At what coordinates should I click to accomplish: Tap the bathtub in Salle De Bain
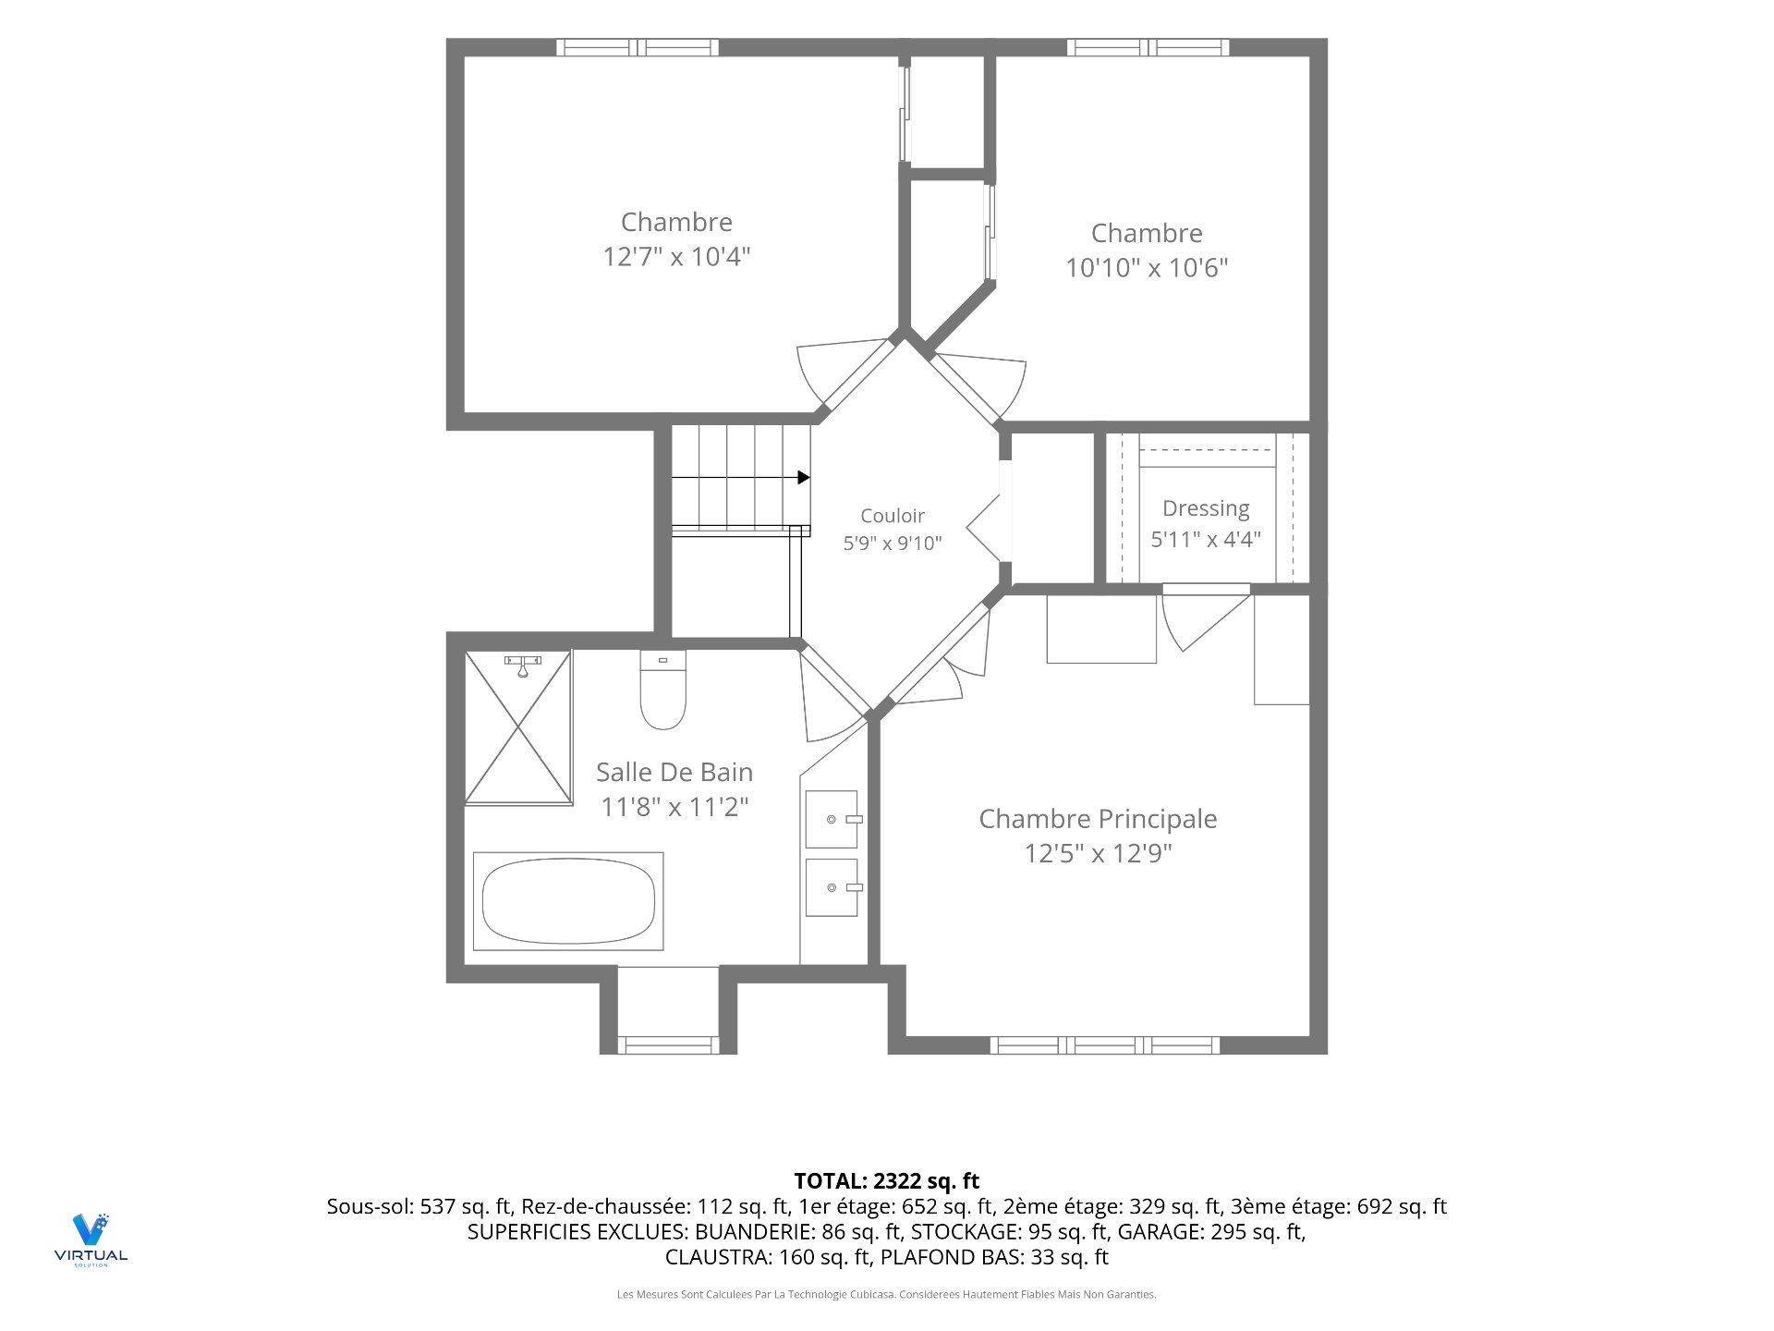pyautogui.click(x=568, y=901)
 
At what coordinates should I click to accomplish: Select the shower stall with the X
pyautogui.click(x=518, y=727)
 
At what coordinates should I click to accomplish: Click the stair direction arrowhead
pyautogui.click(x=804, y=477)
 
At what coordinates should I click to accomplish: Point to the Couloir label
pyautogui.click(x=893, y=516)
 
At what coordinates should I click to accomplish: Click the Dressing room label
pyautogui.click(x=1206, y=508)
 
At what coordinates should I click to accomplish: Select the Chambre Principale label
pyautogui.click(x=1098, y=819)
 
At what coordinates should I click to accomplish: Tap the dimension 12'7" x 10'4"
pyautogui.click(x=676, y=256)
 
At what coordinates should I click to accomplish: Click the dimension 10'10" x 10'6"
pyautogui.click(x=1147, y=268)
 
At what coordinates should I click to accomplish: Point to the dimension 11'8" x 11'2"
pyautogui.click(x=674, y=807)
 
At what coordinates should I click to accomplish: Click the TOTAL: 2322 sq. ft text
pyautogui.click(x=887, y=1180)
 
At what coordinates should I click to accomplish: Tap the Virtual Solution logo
pyautogui.click(x=91, y=1239)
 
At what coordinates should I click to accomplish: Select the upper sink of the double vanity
pyautogui.click(x=832, y=819)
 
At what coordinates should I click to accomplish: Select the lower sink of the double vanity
pyautogui.click(x=832, y=887)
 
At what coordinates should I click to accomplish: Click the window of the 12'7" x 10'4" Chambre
pyautogui.click(x=638, y=47)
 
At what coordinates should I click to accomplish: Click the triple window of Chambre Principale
pyautogui.click(x=1105, y=1045)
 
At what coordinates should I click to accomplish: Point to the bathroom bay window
pyautogui.click(x=667, y=1045)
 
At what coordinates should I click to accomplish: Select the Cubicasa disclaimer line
pyautogui.click(x=887, y=1295)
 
